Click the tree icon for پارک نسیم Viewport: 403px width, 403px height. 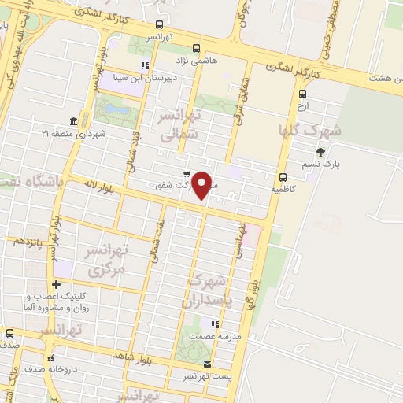tap(319, 152)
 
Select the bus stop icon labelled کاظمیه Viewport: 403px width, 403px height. tap(283, 176)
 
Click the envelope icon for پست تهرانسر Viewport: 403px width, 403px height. tap(208, 364)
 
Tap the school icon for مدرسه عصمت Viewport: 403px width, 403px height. tap(214, 324)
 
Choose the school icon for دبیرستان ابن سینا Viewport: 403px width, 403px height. tap(144, 65)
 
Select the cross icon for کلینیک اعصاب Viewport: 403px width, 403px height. tap(56, 284)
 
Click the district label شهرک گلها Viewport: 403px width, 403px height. tap(310, 131)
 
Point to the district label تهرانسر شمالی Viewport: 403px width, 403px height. tap(181, 125)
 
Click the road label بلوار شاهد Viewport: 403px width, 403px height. tap(131, 357)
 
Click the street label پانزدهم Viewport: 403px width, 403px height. tap(29, 240)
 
